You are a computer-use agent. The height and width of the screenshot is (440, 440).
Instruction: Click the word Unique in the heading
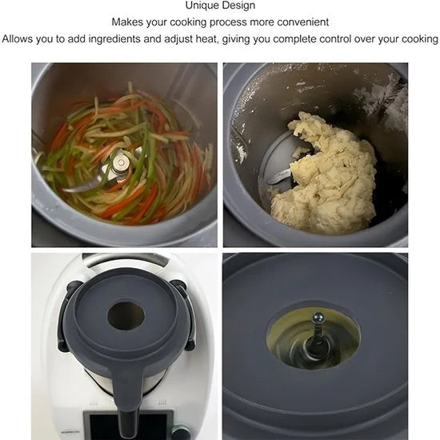[202, 6]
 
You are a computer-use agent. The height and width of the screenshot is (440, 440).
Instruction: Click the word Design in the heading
[238, 6]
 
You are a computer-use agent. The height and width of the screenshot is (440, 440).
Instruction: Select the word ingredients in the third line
[114, 39]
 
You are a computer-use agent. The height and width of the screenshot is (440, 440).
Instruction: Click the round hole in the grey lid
[126, 316]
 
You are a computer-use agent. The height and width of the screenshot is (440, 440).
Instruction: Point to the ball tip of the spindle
[318, 318]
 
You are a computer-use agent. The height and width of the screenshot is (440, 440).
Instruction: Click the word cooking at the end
[420, 39]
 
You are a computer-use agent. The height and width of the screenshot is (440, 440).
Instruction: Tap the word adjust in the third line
[178, 39]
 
